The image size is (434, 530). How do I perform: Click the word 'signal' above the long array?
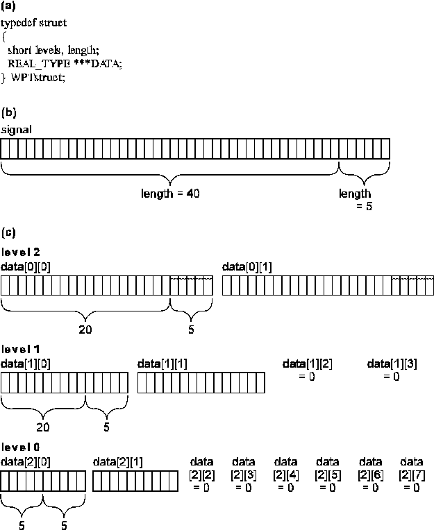(x=16, y=130)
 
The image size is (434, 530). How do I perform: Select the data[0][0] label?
(x=26, y=266)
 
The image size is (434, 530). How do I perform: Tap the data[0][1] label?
(x=247, y=266)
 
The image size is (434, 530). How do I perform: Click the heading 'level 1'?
(x=19, y=348)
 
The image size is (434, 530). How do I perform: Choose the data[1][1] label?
(x=162, y=363)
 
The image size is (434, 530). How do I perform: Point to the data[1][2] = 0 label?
(x=307, y=369)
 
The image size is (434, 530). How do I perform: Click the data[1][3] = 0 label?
(x=392, y=369)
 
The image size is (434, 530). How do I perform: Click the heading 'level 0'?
(x=19, y=446)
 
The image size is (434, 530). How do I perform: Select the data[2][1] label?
(x=117, y=461)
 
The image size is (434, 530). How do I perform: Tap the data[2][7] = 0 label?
(x=411, y=475)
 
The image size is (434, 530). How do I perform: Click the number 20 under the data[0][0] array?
(x=85, y=330)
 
